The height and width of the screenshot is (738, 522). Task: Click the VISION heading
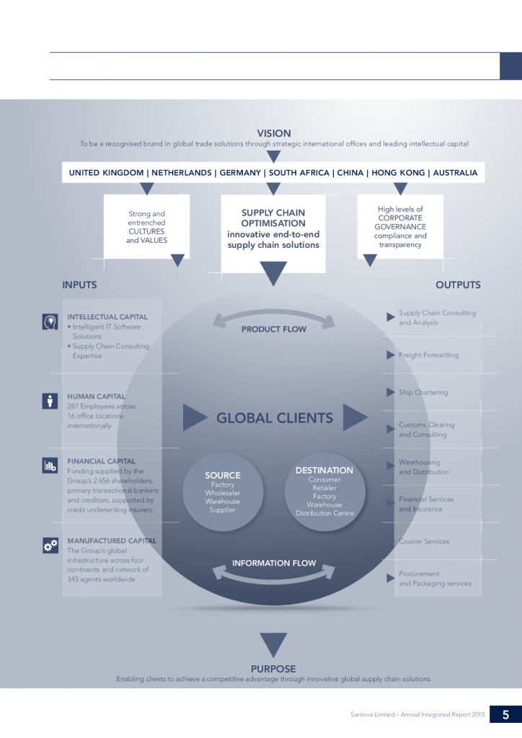274,133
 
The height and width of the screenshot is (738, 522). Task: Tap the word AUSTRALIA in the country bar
454,173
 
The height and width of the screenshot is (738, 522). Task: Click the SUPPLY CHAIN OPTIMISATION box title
273,218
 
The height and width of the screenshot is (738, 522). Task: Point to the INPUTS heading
79,285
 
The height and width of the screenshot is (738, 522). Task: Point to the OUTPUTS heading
458,285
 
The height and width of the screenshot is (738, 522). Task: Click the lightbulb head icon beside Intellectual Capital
50,322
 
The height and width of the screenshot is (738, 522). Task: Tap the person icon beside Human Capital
50,401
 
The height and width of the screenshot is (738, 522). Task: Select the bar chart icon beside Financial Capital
50,466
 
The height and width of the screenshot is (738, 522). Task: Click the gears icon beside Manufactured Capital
50,546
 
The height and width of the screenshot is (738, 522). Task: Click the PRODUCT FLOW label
274,329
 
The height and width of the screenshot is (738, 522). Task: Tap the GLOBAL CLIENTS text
275,418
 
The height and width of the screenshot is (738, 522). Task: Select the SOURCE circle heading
223,476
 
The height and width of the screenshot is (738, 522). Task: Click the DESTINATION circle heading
324,471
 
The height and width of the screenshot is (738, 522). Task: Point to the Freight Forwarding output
428,355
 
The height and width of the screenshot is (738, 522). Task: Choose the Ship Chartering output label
423,393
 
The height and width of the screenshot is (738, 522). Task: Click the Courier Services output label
424,541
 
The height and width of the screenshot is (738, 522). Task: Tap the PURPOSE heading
273,669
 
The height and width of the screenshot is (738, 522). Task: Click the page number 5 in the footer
505,715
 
